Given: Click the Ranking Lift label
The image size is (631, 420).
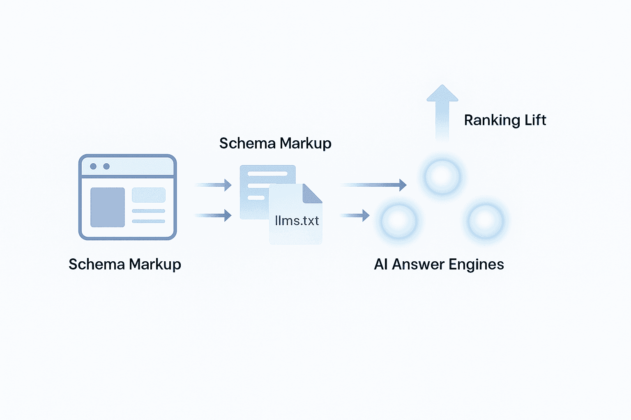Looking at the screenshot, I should [505, 120].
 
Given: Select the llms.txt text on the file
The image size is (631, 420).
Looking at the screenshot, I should [297, 221].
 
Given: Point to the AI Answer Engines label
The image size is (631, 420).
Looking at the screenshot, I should [439, 265].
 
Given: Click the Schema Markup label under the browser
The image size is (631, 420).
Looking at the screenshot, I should [124, 265].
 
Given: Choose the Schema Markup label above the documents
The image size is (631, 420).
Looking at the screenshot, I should [275, 144].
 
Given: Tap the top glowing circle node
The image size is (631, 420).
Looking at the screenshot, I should [442, 176].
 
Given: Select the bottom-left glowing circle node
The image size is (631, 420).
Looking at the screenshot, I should [398, 221].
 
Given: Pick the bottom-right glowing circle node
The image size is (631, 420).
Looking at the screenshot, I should [486, 221].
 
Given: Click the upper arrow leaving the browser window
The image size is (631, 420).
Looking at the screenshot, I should [214, 185].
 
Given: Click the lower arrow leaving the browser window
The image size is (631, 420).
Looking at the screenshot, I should [214, 215].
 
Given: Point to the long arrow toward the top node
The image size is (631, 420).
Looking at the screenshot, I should [374, 185].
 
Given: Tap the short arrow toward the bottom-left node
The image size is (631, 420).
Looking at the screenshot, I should [355, 215].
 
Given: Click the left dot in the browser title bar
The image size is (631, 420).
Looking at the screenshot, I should [93, 166].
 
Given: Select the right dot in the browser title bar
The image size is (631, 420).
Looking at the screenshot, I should [106, 166].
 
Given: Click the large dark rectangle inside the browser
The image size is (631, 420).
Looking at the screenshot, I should [107, 207].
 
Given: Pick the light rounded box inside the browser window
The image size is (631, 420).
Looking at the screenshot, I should [148, 195].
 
